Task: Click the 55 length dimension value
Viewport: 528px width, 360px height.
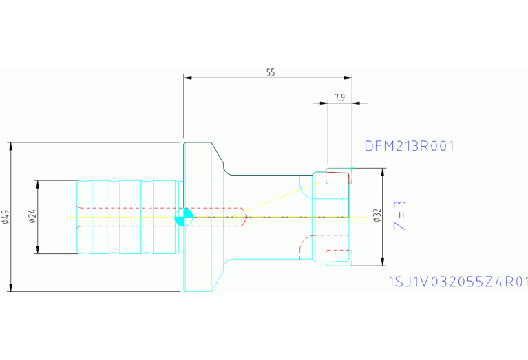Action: (271, 72)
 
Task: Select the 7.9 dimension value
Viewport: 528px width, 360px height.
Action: (340, 98)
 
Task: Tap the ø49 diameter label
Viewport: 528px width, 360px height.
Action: (6, 218)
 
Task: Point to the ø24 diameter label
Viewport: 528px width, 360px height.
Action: (32, 216)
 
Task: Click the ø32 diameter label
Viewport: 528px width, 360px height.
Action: (377, 215)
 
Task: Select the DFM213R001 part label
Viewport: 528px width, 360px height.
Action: (410, 146)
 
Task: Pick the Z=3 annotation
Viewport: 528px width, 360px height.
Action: (400, 216)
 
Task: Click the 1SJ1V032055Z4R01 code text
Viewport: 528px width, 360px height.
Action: (458, 282)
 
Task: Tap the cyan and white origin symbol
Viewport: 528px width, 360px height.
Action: (184, 217)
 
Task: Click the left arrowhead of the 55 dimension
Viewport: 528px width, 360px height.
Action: (187, 78)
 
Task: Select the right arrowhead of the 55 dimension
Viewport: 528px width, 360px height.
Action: (348, 78)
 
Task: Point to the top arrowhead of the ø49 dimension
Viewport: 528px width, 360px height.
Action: (11, 147)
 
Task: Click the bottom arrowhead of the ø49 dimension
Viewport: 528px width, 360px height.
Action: (11, 287)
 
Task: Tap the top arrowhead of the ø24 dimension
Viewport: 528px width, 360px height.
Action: (37, 184)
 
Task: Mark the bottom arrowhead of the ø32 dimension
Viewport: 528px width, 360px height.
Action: (383, 262)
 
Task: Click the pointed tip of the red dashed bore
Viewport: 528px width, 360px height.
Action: (248, 217)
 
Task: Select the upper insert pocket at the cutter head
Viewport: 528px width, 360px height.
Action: (339, 176)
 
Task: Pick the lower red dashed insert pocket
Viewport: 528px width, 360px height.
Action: (337, 255)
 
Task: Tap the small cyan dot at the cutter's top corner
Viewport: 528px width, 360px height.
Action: (352, 168)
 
